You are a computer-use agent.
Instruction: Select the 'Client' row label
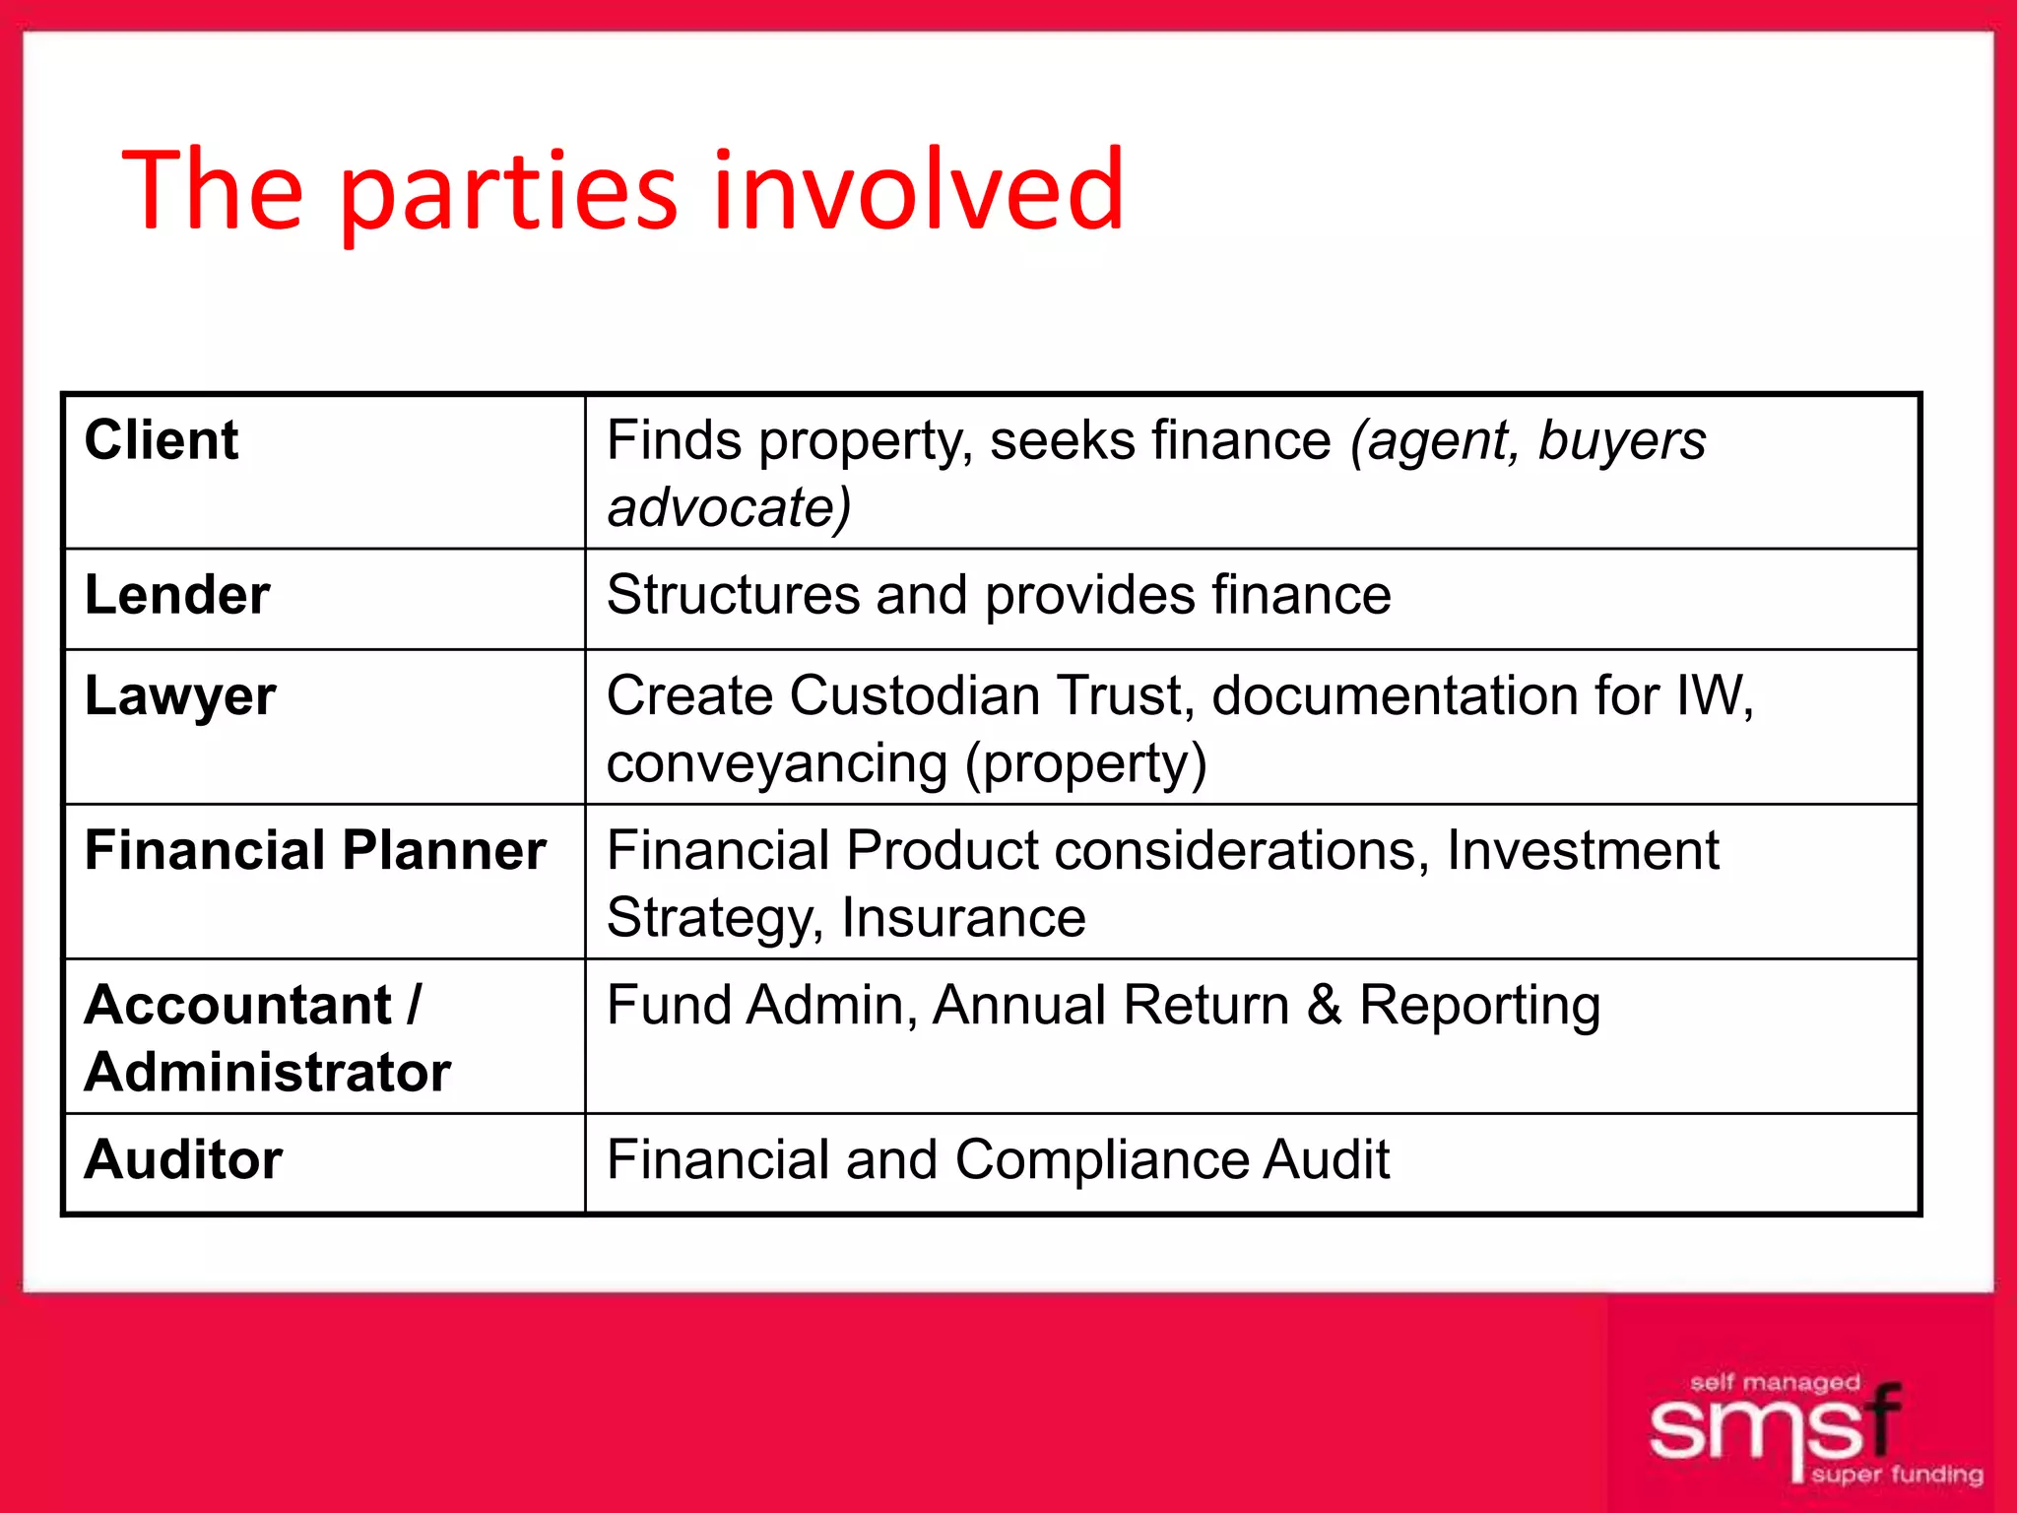pos(162,439)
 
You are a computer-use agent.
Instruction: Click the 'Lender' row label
pos(177,595)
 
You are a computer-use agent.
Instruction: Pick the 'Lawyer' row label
pos(180,696)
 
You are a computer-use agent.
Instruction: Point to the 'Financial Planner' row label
pos(315,850)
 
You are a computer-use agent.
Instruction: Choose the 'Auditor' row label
pos(184,1159)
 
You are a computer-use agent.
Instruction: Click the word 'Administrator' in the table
pos(268,1072)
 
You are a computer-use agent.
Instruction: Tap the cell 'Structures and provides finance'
pos(999,595)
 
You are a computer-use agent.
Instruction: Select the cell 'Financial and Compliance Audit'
pos(998,1159)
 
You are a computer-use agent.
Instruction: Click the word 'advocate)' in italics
pos(729,507)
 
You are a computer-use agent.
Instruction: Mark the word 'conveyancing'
pos(777,763)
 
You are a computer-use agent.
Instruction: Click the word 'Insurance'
pos(963,918)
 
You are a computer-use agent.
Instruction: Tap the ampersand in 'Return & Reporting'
pos(1325,1005)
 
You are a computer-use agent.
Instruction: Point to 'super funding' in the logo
pos(1897,1475)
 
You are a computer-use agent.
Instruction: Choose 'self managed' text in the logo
pos(1775,1383)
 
